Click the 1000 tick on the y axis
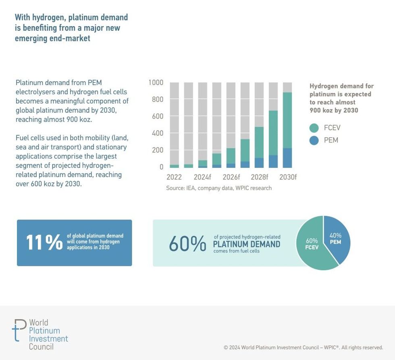[156, 83]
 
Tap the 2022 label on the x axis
[174, 177]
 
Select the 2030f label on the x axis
[287, 177]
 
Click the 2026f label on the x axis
[231, 177]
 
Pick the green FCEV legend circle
[314, 128]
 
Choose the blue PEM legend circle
[314, 141]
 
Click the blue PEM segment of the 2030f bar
[287, 158]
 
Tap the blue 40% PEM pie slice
[337, 240]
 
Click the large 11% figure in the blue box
[44, 242]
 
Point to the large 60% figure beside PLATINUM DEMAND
[187, 244]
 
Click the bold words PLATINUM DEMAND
[246, 244]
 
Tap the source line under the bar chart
[219, 188]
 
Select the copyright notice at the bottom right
[303, 348]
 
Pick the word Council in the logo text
[41, 346]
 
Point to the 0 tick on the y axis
[161, 167]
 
